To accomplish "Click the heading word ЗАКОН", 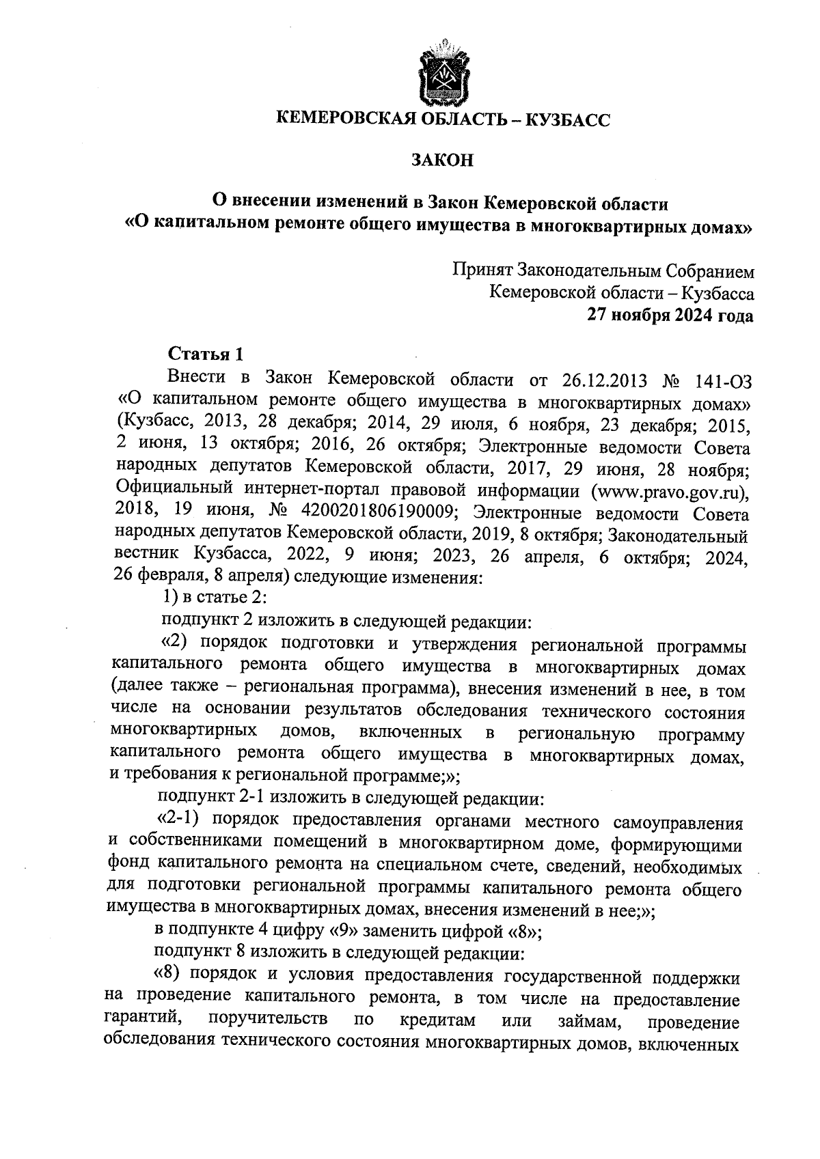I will click(442, 160).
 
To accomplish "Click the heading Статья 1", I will click(206, 354).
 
